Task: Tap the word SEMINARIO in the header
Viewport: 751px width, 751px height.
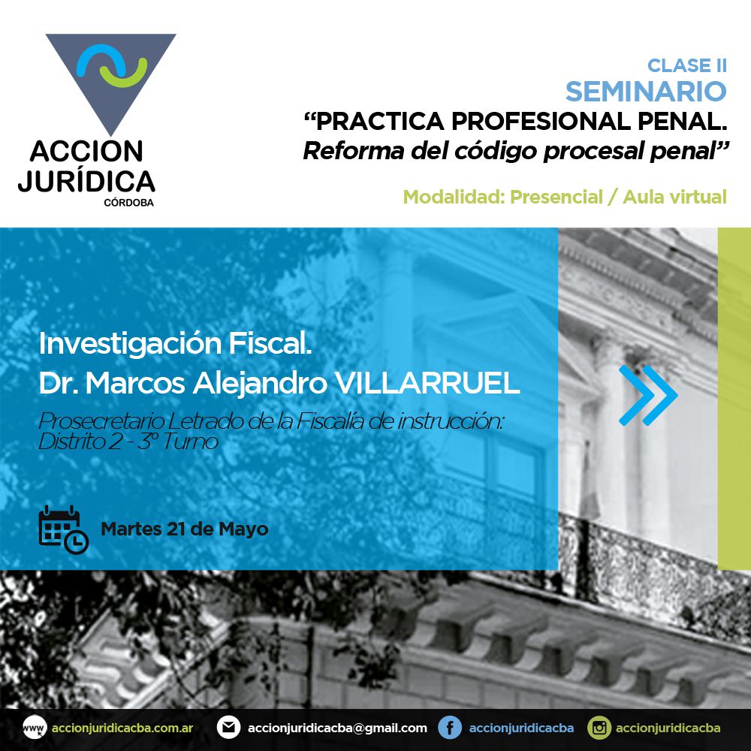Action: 646,91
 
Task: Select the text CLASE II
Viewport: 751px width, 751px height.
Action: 687,65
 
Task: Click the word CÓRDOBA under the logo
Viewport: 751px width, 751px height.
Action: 129,203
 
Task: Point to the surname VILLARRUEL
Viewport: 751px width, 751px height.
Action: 427,383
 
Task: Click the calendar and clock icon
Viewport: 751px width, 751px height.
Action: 63,529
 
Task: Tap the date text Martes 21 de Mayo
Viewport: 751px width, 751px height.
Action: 185,529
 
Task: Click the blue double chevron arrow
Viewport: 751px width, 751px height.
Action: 648,395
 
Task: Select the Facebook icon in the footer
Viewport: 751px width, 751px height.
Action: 450,728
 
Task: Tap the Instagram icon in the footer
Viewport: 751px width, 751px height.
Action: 599,728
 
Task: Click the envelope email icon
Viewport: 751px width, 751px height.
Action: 228,728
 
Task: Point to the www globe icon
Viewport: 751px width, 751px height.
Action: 35,728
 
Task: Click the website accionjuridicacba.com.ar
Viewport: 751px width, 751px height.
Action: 122,728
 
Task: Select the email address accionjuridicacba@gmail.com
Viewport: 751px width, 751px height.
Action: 337,728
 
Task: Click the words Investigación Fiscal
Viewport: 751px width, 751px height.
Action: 175,343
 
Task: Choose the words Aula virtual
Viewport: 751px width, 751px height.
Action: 675,197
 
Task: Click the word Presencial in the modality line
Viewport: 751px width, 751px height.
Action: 556,197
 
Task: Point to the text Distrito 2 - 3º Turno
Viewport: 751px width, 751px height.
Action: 128,442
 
